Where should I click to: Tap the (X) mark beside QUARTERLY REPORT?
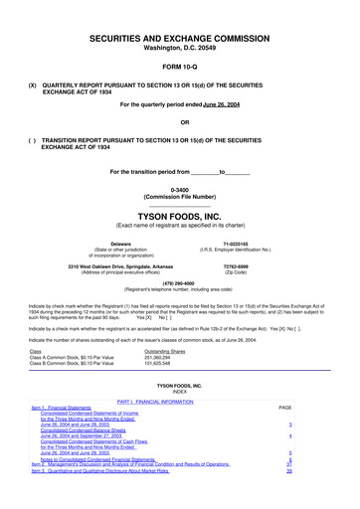pos(33,85)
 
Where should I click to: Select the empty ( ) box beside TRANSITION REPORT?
pos(33,142)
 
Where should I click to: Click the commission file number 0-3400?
pos(180,189)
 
